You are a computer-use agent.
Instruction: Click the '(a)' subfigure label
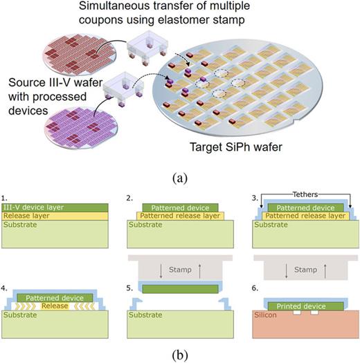pyautogui.click(x=179, y=177)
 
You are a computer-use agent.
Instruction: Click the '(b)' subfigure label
pyautogui.click(x=179, y=355)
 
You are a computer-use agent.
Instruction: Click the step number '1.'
pyautogui.click(x=6, y=198)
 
